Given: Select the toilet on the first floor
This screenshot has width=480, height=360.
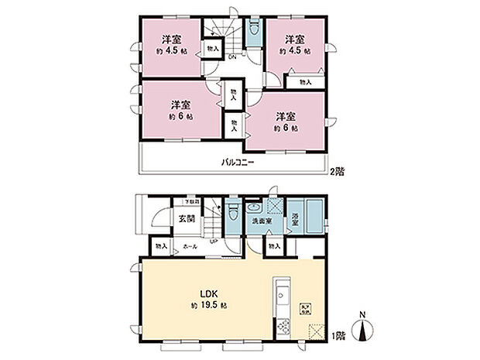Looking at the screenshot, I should (x=233, y=211).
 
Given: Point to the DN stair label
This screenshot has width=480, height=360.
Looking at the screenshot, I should (x=231, y=57).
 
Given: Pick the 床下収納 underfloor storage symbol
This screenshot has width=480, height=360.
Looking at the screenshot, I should (x=307, y=307).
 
